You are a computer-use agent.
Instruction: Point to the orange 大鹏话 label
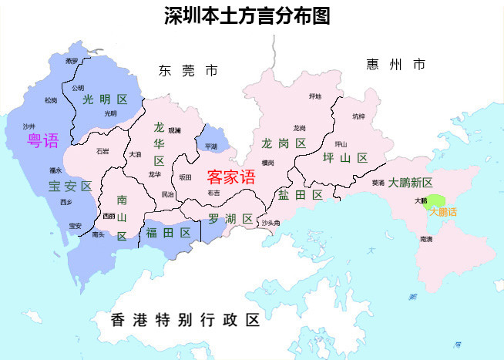pos(442,211)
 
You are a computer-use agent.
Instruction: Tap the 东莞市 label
pos(188,71)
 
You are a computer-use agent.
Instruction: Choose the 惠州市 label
pos(395,65)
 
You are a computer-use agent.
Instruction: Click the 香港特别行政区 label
pos(186,320)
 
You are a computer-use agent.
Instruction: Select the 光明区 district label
pos(105,99)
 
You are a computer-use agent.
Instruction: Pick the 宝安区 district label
pos(70,186)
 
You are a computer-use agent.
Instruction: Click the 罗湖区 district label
pos(230,219)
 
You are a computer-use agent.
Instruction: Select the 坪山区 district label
pos(345,157)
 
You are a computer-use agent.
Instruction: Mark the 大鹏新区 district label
pos(411,183)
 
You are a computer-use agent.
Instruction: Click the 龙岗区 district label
pos(284,143)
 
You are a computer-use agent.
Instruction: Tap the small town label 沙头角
pos(270,223)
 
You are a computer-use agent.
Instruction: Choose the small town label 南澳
pos(426,240)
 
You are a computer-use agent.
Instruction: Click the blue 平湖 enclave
pos(210,145)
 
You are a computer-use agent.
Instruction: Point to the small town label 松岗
pos(51,100)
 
